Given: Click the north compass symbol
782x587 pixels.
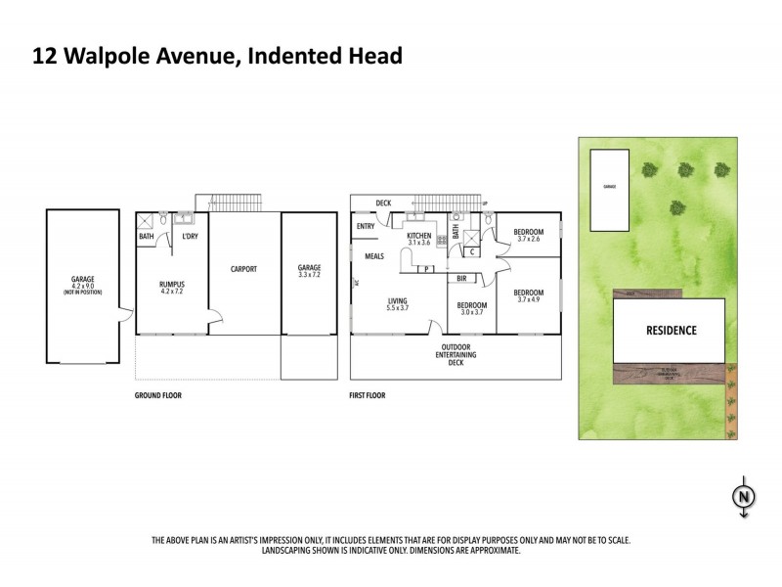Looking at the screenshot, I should (x=744, y=497).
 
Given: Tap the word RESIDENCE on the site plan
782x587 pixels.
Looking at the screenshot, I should (x=670, y=330).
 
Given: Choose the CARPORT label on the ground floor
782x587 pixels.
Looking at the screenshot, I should (x=243, y=268).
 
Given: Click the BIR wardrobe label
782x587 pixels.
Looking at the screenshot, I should (x=460, y=278).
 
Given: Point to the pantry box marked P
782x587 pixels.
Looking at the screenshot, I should (x=427, y=268).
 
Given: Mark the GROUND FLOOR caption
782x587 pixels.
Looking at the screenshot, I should (x=158, y=396).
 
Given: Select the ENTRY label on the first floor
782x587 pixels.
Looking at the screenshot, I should (x=366, y=227).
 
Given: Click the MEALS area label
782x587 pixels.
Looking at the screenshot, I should (x=373, y=256).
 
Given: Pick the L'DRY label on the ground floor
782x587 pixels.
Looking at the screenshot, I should (x=191, y=236).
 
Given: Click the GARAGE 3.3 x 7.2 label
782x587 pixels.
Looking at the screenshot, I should (x=309, y=270).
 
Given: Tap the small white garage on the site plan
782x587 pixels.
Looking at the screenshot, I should (x=609, y=191).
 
